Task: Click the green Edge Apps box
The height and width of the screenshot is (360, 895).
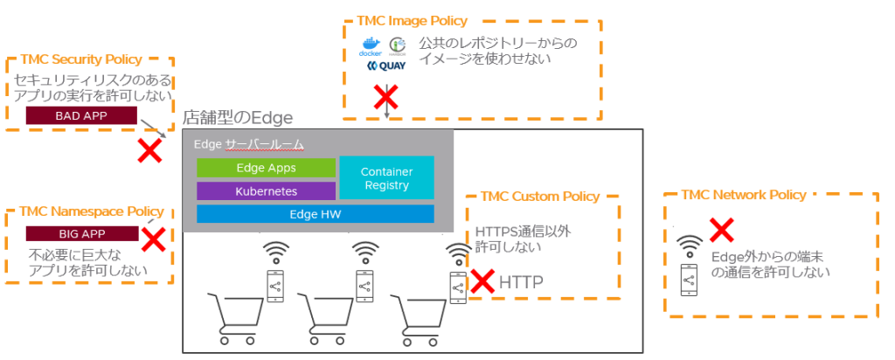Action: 266,168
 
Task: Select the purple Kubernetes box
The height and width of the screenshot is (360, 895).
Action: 266,190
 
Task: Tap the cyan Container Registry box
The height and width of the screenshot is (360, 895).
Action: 385,178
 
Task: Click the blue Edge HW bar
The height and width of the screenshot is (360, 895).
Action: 315,214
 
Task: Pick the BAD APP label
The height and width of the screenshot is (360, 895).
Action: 81,115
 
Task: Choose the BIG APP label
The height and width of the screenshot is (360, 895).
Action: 81,233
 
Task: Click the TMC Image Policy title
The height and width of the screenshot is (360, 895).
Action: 412,21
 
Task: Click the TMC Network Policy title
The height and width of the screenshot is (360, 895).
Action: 744,195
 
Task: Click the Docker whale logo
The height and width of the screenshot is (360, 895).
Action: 371,46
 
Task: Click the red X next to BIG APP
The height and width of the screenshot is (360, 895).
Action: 154,239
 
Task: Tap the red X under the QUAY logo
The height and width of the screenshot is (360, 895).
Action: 385,95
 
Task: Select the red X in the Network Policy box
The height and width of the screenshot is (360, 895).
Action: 720,230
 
